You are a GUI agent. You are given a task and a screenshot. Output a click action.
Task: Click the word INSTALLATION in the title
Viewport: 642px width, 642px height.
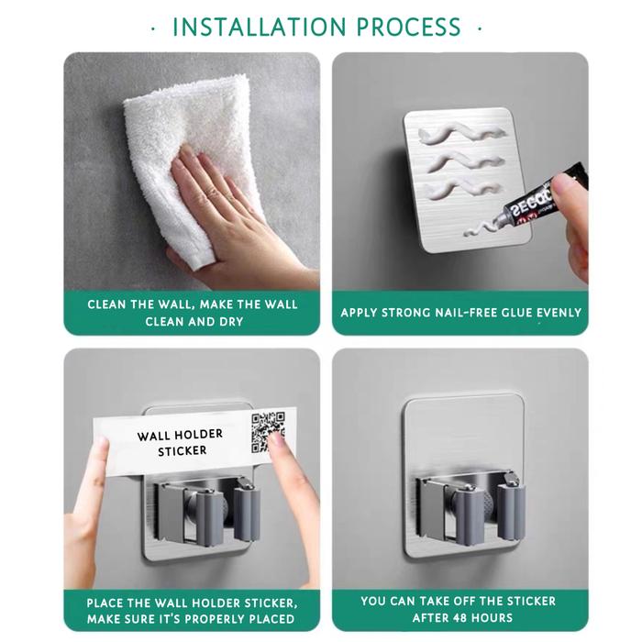pos(260,27)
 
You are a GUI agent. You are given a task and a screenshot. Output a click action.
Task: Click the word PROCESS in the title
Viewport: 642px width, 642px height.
pos(409,27)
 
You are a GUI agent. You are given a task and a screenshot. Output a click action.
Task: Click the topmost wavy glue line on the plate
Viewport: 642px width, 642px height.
pos(461,134)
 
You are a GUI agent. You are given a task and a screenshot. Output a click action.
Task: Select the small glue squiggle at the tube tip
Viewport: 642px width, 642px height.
pos(480,228)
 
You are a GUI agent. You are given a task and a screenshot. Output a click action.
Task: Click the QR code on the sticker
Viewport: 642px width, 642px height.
pos(268,432)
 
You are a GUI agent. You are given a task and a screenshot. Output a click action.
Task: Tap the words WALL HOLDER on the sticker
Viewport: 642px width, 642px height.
pos(180,435)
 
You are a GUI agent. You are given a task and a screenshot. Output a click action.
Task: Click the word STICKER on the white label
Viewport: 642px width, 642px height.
pos(183,451)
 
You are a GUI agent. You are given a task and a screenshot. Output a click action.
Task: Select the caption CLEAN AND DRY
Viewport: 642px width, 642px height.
pos(194,322)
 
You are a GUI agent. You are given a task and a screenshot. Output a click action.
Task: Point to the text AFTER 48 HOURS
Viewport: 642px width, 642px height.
pos(462,617)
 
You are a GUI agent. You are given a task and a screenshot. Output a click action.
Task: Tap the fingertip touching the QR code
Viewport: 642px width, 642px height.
pos(277,441)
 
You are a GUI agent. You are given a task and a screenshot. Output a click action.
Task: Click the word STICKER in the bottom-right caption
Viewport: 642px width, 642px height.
pos(531,601)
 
